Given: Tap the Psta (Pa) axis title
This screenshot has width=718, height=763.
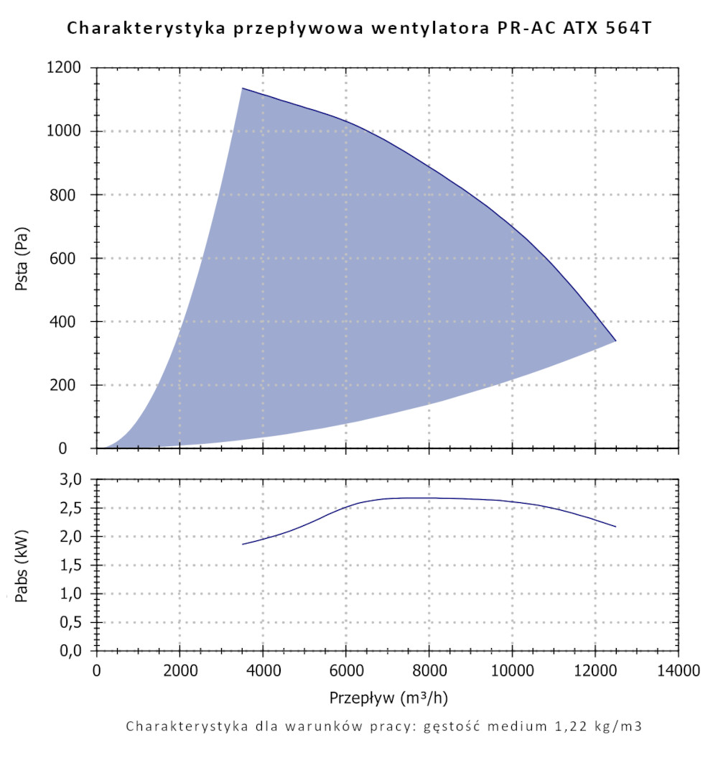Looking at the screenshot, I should (x=22, y=258).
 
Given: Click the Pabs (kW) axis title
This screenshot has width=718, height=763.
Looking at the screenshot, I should (x=22, y=565).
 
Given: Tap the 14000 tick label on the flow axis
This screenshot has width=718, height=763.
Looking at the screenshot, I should (x=678, y=671).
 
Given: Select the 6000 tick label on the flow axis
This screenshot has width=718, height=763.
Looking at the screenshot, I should (x=346, y=671).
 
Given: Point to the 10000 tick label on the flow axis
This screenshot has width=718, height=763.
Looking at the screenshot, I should (x=512, y=671).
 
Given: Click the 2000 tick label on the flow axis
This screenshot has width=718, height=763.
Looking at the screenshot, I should (x=179, y=671).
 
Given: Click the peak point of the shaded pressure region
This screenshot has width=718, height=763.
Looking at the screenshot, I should (x=243, y=88).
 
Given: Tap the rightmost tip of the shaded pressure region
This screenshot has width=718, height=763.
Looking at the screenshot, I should (x=615, y=341).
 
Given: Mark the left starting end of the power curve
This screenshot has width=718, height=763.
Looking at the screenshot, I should (x=243, y=544).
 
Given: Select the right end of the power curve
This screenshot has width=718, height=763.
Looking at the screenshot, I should (x=615, y=527).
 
